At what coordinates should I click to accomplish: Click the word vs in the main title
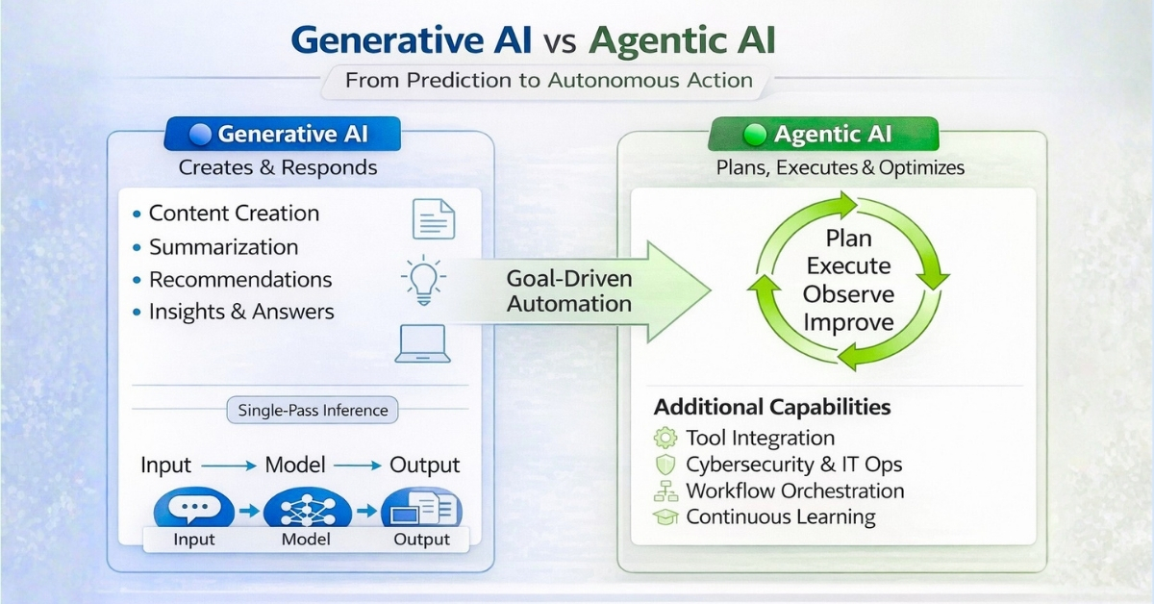561,41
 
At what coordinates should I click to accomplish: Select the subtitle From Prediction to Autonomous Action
548,80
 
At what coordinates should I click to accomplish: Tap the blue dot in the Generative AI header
200,134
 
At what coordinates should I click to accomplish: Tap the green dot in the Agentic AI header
755,134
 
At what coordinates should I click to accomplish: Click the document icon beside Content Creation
433,218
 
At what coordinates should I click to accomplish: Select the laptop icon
422,344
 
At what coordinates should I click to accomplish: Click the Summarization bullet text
223,247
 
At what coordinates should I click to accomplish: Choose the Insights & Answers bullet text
241,312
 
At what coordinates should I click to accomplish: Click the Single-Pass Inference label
314,411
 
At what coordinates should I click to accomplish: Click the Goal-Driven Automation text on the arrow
569,291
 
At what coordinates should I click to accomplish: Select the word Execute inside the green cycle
848,266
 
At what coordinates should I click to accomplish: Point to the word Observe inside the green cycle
848,294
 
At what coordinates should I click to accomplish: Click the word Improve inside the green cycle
848,322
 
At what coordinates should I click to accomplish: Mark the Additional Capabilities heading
772,407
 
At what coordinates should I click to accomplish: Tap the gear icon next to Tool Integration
665,439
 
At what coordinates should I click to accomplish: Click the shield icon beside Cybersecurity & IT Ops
665,465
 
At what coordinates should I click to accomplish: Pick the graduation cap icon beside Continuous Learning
665,517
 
